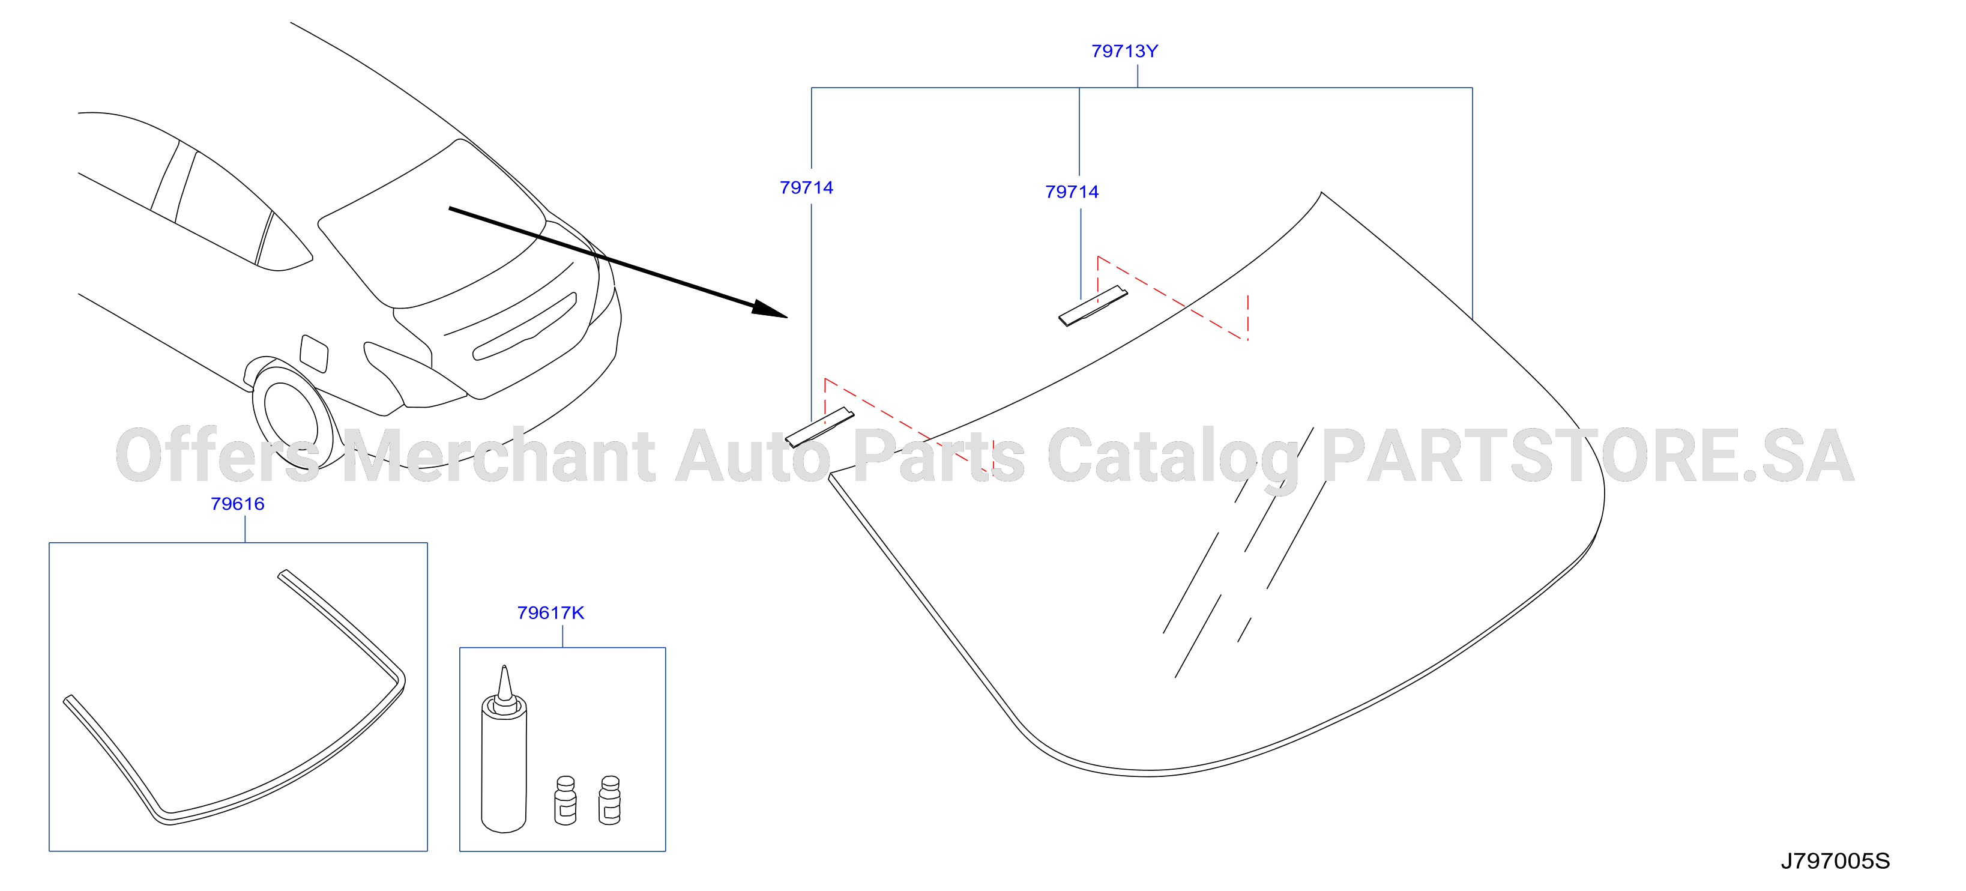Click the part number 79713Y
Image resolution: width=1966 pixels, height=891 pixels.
point(1124,51)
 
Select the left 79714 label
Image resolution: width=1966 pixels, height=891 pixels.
point(806,188)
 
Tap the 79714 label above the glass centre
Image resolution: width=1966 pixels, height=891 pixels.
point(1072,192)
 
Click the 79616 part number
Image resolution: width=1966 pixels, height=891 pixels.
point(237,504)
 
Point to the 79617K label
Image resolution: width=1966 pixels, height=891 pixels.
point(550,613)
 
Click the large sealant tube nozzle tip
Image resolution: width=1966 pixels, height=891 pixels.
point(504,668)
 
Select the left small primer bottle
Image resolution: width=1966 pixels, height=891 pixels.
point(565,800)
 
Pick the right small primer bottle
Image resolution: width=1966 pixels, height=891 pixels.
point(610,800)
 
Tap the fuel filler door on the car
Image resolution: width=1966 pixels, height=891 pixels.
point(314,352)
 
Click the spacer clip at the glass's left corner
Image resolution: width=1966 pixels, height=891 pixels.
point(819,427)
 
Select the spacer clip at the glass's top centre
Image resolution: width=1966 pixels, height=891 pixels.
point(1093,306)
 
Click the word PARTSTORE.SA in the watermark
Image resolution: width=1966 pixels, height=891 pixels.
point(1587,456)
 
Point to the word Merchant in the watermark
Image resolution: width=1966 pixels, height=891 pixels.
point(498,456)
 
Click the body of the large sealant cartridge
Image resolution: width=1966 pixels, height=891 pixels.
point(504,771)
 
